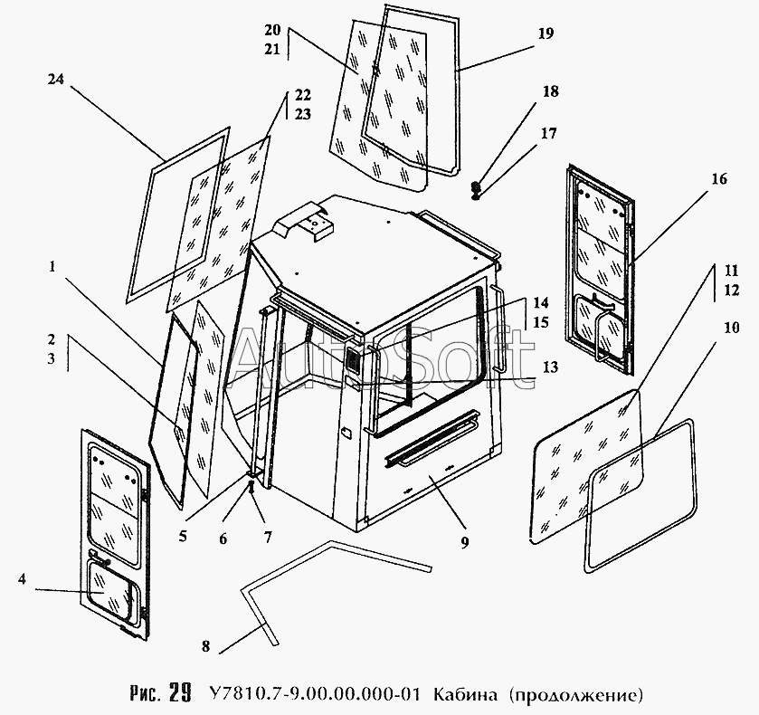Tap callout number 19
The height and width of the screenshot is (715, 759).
[545, 33]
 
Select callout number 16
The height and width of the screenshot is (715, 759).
[718, 179]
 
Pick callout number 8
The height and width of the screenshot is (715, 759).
[205, 646]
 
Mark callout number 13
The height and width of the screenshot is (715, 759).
[550, 367]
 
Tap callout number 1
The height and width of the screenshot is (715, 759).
[53, 267]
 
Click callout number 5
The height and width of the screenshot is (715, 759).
[183, 535]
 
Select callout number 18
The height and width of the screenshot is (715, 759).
[550, 91]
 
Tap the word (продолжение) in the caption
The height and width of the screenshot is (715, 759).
[575, 695]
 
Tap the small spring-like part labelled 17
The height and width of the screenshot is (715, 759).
[477, 189]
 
